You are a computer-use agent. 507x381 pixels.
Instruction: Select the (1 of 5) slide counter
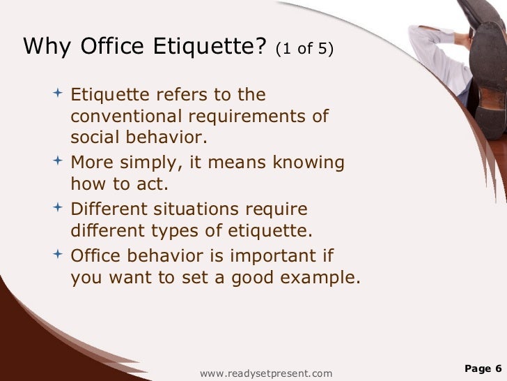pyautogui.click(x=305, y=49)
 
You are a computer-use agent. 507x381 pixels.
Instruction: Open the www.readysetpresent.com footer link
pyautogui.click(x=266, y=373)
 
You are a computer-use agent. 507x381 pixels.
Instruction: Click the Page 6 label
pyautogui.click(x=483, y=368)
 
